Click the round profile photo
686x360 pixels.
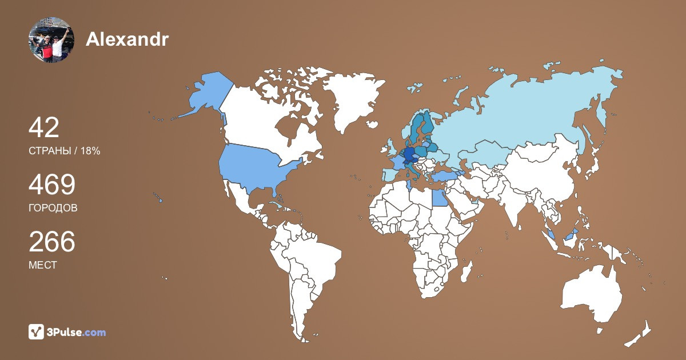click(x=51, y=40)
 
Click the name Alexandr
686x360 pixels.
click(x=127, y=39)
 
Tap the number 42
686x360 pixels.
click(x=44, y=128)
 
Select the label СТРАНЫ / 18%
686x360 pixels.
click(x=65, y=151)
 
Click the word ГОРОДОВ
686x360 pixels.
click(x=53, y=208)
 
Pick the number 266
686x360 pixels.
click(x=52, y=242)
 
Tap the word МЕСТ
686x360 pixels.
click(x=43, y=265)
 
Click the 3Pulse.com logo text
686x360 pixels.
click(x=77, y=332)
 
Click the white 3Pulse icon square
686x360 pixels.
click(x=37, y=331)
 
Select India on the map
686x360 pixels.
click(x=518, y=209)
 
